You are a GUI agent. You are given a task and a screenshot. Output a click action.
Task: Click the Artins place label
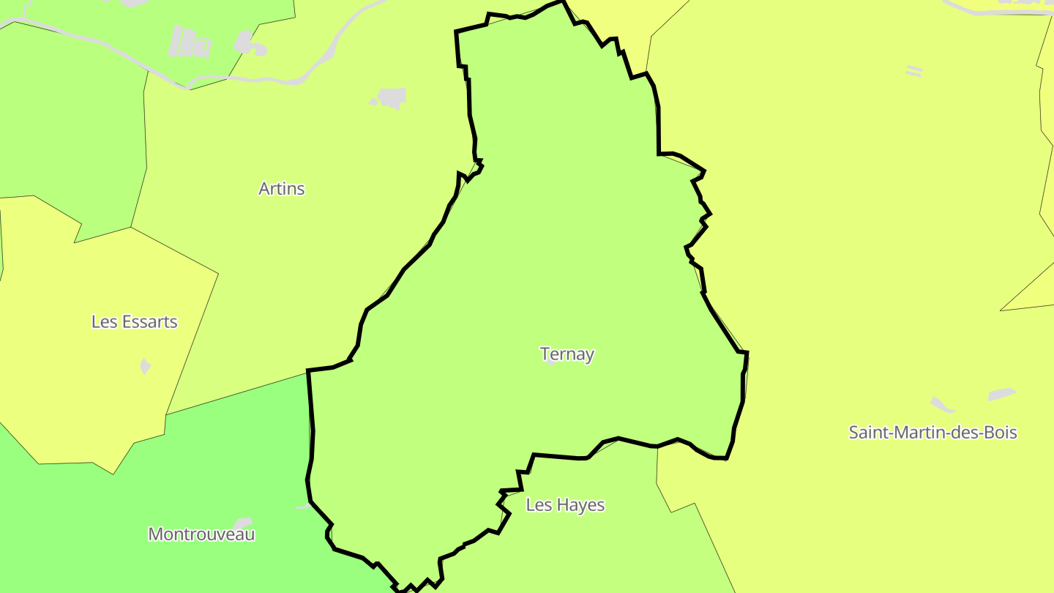[x=281, y=189]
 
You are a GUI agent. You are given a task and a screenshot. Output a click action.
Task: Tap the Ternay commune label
[x=567, y=354]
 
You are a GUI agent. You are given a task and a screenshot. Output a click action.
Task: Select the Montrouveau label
[x=201, y=534]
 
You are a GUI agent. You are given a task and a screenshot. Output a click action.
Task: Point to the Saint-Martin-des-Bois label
[x=932, y=432]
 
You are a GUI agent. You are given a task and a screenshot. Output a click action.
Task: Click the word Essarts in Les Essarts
[x=150, y=322]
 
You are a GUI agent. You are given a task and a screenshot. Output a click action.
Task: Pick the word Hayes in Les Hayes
[x=581, y=505]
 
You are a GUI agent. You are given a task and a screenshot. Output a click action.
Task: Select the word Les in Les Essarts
[x=103, y=322]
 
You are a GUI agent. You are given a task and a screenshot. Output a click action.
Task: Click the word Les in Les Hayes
[x=538, y=505]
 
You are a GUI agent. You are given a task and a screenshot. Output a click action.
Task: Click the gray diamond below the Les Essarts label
[x=146, y=366]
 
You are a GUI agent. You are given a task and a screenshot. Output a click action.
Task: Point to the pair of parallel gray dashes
[x=913, y=71]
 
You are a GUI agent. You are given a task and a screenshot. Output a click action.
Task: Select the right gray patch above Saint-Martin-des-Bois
[x=1001, y=395]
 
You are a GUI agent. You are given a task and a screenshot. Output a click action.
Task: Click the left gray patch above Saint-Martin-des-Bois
[x=942, y=405]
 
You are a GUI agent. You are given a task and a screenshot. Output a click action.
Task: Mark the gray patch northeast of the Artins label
[x=390, y=97]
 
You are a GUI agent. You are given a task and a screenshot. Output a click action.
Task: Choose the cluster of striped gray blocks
[x=190, y=42]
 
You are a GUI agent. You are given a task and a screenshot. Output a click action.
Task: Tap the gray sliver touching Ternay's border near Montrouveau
[x=303, y=506]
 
